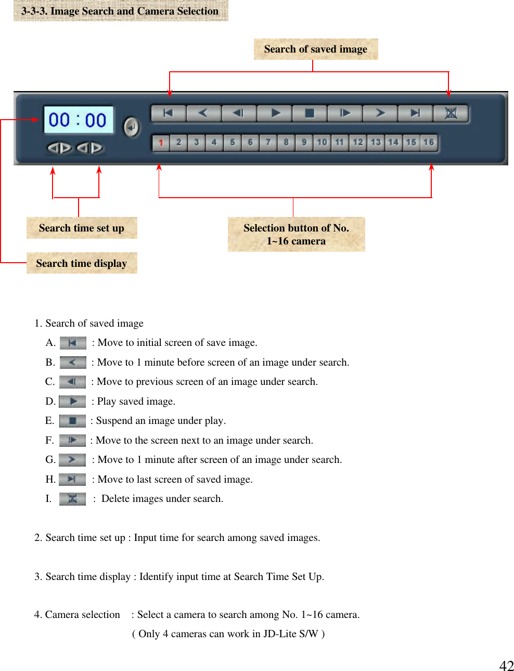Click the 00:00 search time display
[78, 120]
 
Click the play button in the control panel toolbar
[275, 113]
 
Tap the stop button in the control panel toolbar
[310, 113]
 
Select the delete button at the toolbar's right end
[451, 113]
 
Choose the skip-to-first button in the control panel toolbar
[168, 113]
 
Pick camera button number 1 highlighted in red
[161, 143]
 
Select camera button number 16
[429, 142]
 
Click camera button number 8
[286, 142]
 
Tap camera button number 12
[358, 142]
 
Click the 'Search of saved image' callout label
[316, 49]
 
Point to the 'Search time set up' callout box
[82, 228]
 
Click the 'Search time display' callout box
[82, 263]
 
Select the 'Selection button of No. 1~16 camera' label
[296, 235]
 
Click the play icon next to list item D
[73, 401]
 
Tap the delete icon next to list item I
[72, 499]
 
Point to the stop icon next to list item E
[72, 421]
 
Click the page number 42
[506, 665]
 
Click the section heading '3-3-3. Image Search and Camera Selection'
[120, 11]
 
